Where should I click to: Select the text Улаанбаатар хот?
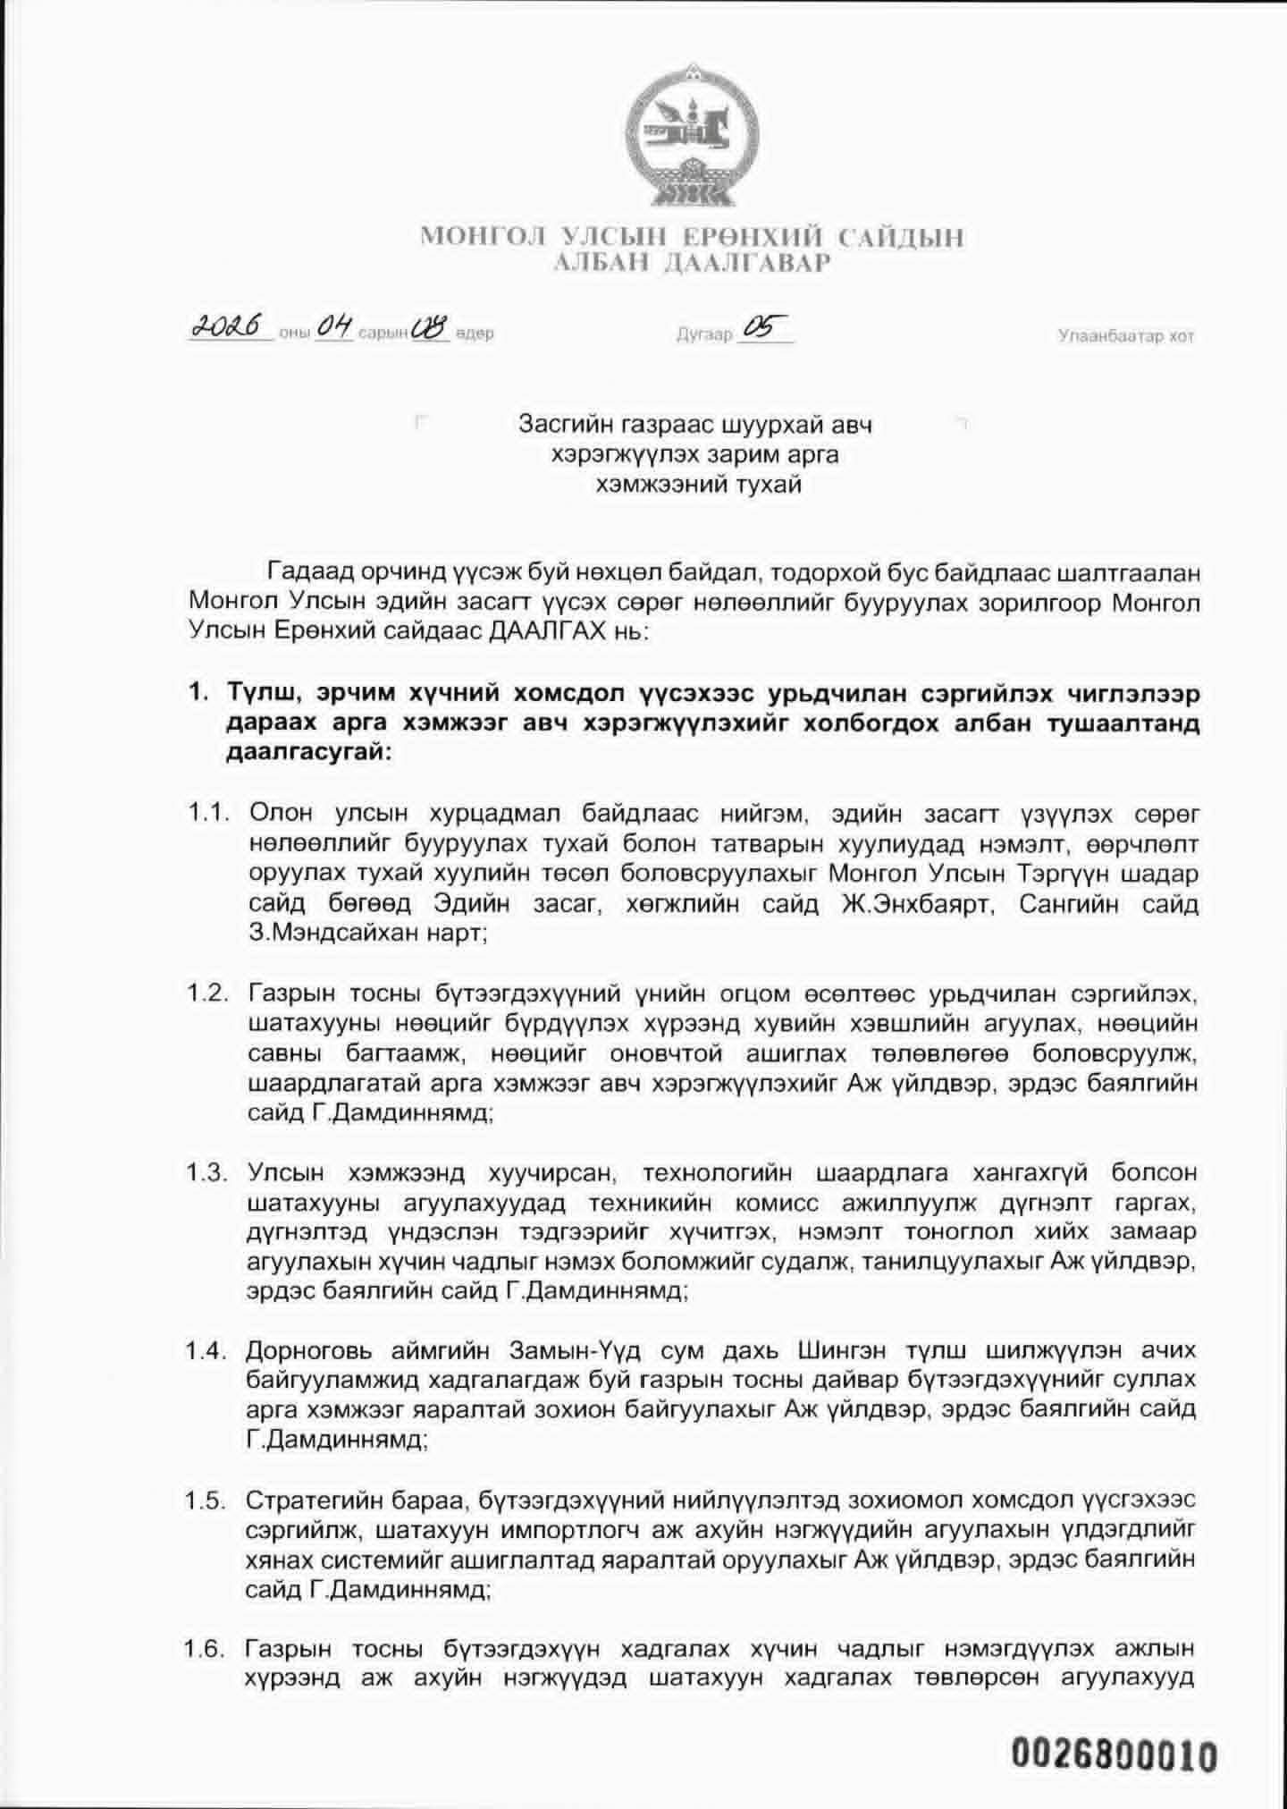(x=1125, y=336)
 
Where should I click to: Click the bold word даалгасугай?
(x=310, y=754)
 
